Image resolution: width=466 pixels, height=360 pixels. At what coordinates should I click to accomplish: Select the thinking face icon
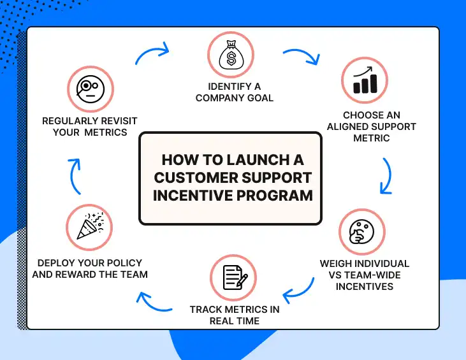[361, 231]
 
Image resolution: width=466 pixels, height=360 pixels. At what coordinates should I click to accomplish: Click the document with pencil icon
[234, 278]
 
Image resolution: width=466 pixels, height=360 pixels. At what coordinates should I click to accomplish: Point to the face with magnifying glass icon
[90, 87]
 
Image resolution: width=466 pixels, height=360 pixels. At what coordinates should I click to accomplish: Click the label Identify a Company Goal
[234, 92]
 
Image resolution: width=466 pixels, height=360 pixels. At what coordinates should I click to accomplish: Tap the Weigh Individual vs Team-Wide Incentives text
[365, 275]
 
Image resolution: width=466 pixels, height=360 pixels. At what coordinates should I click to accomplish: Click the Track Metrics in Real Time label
[234, 315]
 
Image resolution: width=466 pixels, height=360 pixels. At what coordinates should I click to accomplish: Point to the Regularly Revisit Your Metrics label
[90, 126]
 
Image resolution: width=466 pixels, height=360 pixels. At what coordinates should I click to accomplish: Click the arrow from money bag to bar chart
[302, 56]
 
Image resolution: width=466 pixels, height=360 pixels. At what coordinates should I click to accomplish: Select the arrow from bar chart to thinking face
[386, 175]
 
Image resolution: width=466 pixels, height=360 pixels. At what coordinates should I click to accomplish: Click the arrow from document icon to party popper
[154, 301]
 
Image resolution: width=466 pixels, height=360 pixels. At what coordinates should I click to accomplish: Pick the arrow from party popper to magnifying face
[75, 176]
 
